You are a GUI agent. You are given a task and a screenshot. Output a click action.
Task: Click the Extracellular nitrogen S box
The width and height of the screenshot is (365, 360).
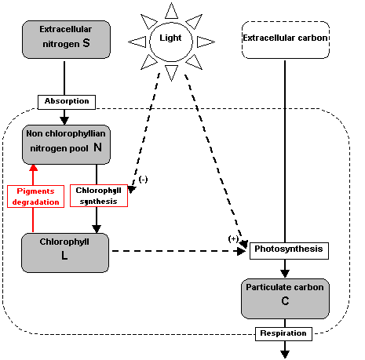pyautogui.click(x=66, y=39)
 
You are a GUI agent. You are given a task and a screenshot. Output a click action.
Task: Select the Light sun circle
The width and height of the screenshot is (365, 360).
pyautogui.click(x=171, y=42)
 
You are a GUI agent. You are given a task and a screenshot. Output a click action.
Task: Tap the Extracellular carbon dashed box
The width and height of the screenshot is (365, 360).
pyautogui.click(x=286, y=40)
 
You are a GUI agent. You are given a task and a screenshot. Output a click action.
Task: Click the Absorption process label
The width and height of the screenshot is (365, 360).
pyautogui.click(x=67, y=102)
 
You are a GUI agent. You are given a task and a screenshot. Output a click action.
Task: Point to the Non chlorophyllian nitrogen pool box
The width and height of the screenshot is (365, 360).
pyautogui.click(x=66, y=144)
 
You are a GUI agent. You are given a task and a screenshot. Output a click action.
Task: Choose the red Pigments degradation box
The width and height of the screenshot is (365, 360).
pyautogui.click(x=35, y=196)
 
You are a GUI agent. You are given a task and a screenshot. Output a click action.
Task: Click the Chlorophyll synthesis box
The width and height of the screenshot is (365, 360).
pyautogui.click(x=99, y=195)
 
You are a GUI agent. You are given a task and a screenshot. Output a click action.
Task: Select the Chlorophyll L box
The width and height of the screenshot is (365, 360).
pyautogui.click(x=65, y=253)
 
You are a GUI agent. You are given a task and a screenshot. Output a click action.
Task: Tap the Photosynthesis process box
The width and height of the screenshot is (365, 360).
pyautogui.click(x=289, y=251)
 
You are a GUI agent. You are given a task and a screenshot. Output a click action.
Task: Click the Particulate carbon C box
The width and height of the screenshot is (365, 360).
pyautogui.click(x=285, y=299)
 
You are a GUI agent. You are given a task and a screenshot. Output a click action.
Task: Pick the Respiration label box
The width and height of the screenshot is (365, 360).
pyautogui.click(x=283, y=334)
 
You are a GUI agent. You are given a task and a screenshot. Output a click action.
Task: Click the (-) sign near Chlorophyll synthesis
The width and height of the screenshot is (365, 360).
pyautogui.click(x=144, y=180)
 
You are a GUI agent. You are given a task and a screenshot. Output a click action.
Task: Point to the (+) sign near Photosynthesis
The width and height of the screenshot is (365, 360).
pyautogui.click(x=233, y=238)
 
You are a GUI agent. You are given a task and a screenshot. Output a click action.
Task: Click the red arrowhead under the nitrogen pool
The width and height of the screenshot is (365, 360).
pyautogui.click(x=33, y=168)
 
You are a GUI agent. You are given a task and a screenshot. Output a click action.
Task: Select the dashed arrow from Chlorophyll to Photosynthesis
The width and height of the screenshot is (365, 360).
pyautogui.click(x=179, y=251)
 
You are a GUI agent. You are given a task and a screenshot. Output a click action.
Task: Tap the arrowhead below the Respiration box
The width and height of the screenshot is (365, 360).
pyautogui.click(x=285, y=355)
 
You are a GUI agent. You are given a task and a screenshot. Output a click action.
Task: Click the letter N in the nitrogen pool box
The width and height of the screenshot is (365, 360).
pyautogui.click(x=98, y=147)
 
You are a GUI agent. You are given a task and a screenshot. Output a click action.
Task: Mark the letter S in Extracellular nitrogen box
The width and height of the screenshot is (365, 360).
pyautogui.click(x=86, y=43)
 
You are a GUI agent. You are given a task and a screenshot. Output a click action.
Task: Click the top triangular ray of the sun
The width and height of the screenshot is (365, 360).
pyautogui.click(x=171, y=11)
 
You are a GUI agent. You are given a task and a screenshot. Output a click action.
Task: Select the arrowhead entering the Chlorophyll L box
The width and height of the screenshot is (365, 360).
pyautogui.click(x=97, y=229)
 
